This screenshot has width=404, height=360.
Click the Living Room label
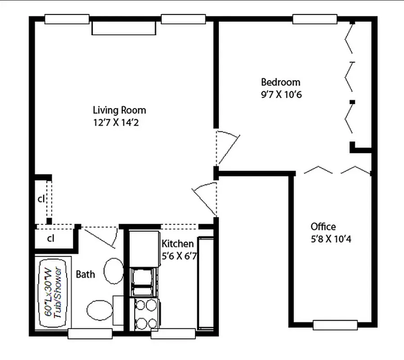pyautogui.click(x=119, y=110)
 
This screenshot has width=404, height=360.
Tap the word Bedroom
pyautogui.click(x=281, y=82)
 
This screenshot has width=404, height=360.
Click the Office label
pyautogui.click(x=323, y=226)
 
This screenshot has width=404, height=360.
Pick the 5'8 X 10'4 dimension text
pyautogui.click(x=331, y=238)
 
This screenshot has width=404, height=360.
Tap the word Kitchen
pyautogui.click(x=177, y=244)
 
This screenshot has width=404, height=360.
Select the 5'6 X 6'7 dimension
pyautogui.click(x=179, y=257)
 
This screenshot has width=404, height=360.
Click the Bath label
pyautogui.click(x=85, y=274)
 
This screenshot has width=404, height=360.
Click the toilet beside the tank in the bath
pyautogui.click(x=100, y=310)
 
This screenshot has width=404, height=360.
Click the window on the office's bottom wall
pyautogui.click(x=335, y=325)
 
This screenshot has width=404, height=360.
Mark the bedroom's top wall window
pyautogui.click(x=314, y=19)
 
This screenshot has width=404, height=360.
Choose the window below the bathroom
pyautogui.click(x=90, y=333)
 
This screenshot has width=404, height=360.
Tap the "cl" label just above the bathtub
pyautogui.click(x=51, y=238)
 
